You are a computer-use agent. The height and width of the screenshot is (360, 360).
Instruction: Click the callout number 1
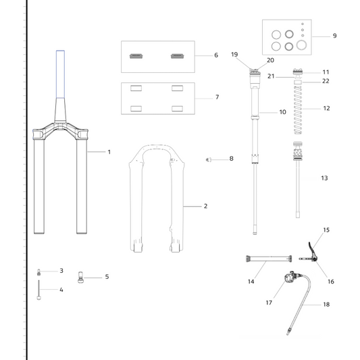coord(109,152)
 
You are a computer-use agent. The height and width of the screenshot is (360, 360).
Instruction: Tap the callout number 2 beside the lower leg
coord(205,206)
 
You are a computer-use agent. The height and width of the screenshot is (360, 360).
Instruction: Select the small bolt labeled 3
coord(38,272)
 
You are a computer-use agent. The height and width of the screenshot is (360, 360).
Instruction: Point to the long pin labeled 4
coord(38,290)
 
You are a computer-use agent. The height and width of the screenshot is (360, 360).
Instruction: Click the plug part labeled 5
coord(80,278)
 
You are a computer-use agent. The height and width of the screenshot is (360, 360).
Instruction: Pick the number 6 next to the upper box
coord(216,55)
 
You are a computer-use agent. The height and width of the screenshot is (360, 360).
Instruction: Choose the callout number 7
coord(217,97)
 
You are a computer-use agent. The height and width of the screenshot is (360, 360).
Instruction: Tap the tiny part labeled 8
coord(209,160)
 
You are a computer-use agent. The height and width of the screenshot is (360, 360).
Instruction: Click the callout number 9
coord(335,36)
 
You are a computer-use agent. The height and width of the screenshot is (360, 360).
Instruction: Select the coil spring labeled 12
coord(298,110)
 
